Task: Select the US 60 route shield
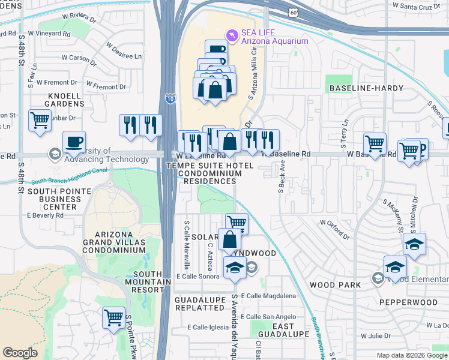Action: tap(292, 11)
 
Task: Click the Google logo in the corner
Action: tap(20, 353)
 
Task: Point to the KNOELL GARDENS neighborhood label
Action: tap(58, 100)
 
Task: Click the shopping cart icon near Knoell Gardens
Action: tap(39, 119)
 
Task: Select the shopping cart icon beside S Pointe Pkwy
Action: tap(113, 317)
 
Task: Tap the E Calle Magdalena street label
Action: tap(270, 296)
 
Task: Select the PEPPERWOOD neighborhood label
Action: tap(412, 302)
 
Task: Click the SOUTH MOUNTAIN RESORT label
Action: tap(143, 282)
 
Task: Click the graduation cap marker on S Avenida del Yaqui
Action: tap(235, 268)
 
